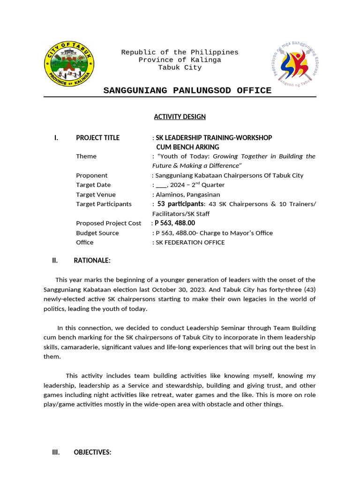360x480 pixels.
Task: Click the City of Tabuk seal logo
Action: pyautogui.click(x=70, y=64)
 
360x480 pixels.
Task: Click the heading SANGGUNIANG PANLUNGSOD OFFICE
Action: pyautogui.click(x=187, y=90)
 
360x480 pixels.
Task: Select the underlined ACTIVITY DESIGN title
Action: pyautogui.click(x=180, y=117)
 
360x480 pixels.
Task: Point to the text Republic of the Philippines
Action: pyautogui.click(x=180, y=52)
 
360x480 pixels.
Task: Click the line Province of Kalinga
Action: pyautogui.click(x=180, y=60)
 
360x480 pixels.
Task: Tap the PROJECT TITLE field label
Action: pyautogui.click(x=97, y=138)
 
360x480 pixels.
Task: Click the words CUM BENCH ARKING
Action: pyautogui.click(x=187, y=147)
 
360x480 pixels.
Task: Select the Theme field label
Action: pyautogui.click(x=86, y=156)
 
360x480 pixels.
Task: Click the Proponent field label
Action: pyautogui.click(x=92, y=175)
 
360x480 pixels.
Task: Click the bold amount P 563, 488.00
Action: pyautogui.click(x=175, y=223)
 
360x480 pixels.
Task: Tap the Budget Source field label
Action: pyautogui.click(x=97, y=233)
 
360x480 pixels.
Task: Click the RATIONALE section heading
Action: pyautogui.click(x=92, y=261)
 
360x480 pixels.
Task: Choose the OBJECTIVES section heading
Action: pyautogui.click(x=92, y=452)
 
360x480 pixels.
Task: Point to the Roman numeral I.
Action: pyautogui.click(x=56, y=138)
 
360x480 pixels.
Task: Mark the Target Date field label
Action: pyautogui.click(x=93, y=185)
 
